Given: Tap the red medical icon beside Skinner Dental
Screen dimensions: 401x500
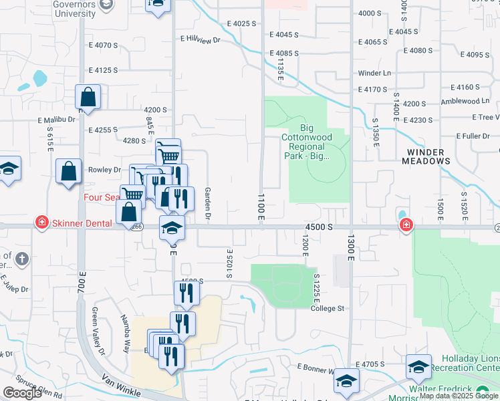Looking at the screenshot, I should point(41,222).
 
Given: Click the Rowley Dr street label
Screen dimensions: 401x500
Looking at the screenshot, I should point(104,170).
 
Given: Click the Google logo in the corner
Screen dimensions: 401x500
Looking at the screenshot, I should point(22,394).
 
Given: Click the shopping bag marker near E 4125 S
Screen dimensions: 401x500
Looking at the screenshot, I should point(88,97).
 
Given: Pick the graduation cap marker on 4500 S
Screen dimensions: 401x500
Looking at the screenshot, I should point(172,228).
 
